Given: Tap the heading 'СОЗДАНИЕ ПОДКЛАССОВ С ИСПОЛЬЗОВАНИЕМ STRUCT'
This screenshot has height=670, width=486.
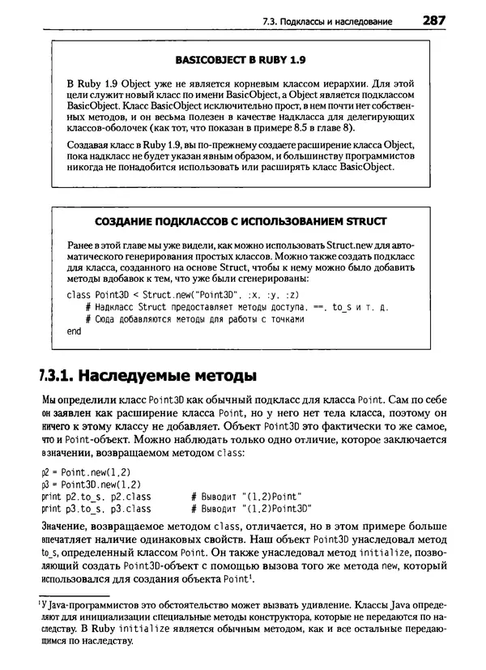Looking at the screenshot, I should [241, 221].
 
